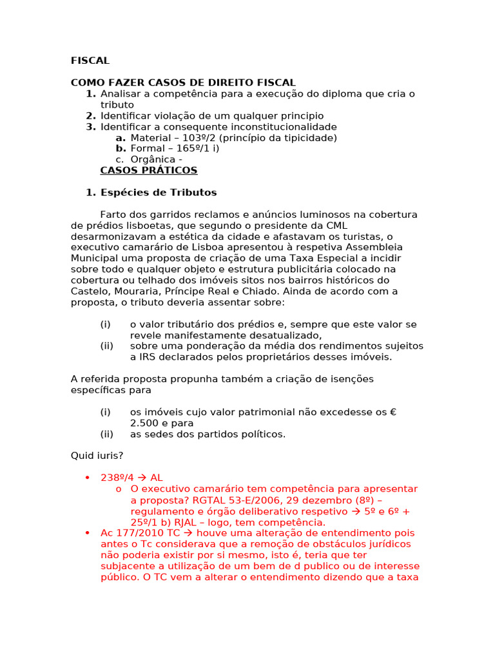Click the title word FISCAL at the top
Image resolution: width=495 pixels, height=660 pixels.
pyautogui.click(x=90, y=61)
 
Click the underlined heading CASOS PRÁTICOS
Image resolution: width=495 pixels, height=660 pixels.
pyautogui.click(x=149, y=170)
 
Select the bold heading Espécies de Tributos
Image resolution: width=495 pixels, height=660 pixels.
pyautogui.click(x=159, y=193)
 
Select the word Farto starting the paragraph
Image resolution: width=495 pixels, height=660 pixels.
pyautogui.click(x=113, y=215)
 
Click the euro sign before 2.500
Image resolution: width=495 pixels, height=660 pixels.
pyautogui.click(x=393, y=412)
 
